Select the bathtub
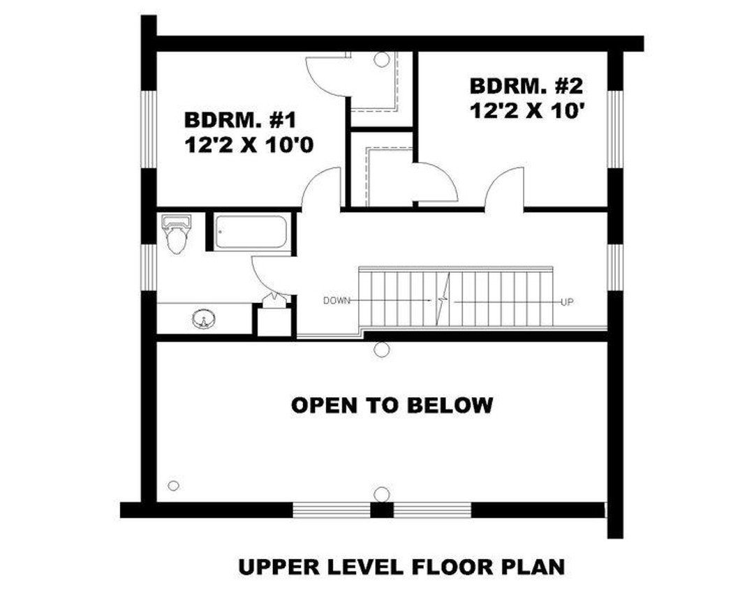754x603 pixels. coord(250,232)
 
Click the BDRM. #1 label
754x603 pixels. coord(241,119)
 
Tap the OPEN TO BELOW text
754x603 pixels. coord(392,405)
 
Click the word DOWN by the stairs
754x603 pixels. coord(336,301)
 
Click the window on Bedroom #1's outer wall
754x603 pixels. coord(149,129)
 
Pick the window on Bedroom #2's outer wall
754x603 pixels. coord(614,129)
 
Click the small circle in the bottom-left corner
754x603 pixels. coord(174,485)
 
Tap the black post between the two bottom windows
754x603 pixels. coord(381,510)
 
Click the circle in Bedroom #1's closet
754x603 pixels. coord(381,60)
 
